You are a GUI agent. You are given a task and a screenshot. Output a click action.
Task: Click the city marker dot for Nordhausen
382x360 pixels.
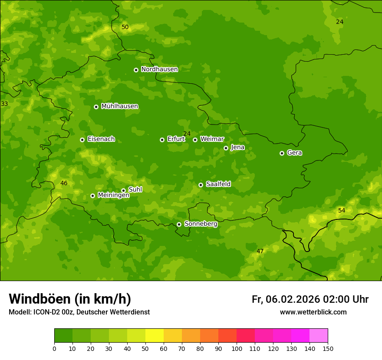click(136, 70)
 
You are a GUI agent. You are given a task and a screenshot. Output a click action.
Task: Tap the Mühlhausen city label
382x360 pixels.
click(119, 106)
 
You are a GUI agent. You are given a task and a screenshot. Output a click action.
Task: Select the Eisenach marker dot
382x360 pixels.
click(82, 140)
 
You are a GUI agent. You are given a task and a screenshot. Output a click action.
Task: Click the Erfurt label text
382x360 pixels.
click(176, 139)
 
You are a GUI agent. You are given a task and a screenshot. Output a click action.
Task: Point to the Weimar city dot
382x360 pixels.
click(195, 140)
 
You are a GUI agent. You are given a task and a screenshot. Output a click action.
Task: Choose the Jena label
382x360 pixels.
click(237, 147)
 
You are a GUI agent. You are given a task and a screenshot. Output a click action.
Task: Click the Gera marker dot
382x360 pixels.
click(282, 153)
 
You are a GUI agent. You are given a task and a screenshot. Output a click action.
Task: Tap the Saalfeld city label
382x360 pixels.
click(218, 184)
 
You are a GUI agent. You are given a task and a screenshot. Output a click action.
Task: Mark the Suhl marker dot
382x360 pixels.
click(123, 190)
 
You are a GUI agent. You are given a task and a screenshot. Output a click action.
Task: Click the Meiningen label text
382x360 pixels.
click(113, 195)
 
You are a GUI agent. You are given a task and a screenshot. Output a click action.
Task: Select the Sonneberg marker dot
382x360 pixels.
click(179, 224)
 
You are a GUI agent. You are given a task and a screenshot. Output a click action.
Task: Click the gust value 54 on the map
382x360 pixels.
click(342, 210)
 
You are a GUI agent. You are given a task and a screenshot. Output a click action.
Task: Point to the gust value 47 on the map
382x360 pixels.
click(260, 251)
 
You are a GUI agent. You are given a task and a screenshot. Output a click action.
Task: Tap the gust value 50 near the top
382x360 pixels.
click(125, 27)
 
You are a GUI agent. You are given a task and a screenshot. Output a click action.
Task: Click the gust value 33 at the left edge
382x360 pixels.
click(4, 104)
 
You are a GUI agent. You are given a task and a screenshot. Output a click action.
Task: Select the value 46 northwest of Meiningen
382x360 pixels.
click(64, 183)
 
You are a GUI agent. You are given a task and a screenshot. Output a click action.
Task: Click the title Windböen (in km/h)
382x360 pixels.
click(70, 299)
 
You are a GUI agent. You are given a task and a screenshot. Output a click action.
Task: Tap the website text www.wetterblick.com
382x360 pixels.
click(313, 312)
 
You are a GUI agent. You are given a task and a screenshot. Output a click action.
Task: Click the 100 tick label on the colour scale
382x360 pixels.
click(237, 348)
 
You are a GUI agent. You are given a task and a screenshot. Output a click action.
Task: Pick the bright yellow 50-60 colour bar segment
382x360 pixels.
click(155, 335)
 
